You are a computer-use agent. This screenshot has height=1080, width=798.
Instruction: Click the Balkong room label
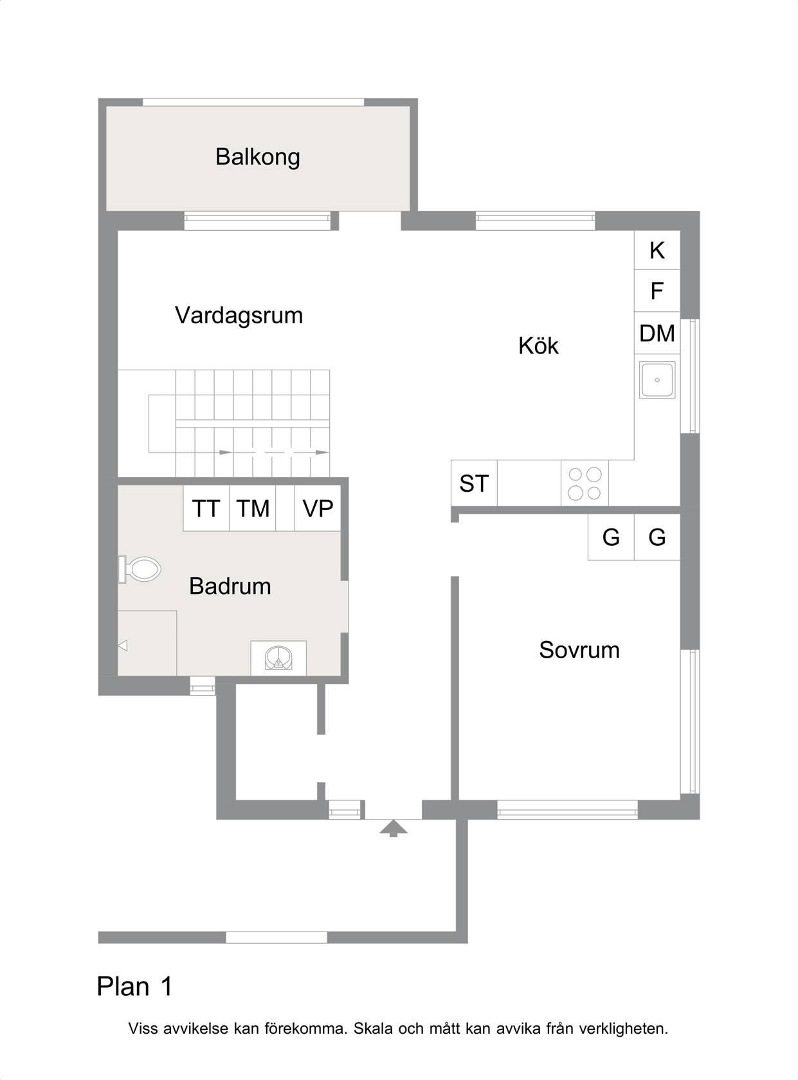(257, 157)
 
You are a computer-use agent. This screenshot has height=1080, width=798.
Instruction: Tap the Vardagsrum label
(239, 316)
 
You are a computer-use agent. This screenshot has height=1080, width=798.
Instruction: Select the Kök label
(538, 346)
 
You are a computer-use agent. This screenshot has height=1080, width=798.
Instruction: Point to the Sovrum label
(579, 650)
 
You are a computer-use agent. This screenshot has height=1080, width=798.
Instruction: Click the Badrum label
(230, 586)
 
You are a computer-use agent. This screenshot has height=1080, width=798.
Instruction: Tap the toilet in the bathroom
(140, 569)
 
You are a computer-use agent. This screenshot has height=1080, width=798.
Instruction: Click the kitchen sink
(657, 380)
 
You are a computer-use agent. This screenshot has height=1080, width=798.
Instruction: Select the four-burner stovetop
(585, 483)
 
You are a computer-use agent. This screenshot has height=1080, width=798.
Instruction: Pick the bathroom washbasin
(278, 658)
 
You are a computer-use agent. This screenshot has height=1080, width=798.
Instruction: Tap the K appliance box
(657, 250)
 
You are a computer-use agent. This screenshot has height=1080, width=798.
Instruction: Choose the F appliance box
(657, 291)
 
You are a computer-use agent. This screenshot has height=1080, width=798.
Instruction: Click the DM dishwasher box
(657, 333)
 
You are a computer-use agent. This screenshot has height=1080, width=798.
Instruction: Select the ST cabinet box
(474, 483)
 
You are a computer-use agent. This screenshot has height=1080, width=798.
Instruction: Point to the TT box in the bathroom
(206, 509)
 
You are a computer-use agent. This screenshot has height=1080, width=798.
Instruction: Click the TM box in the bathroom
(252, 509)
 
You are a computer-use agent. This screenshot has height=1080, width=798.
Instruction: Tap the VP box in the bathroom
(318, 509)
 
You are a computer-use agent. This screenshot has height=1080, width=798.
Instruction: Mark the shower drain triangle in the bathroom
(123, 645)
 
